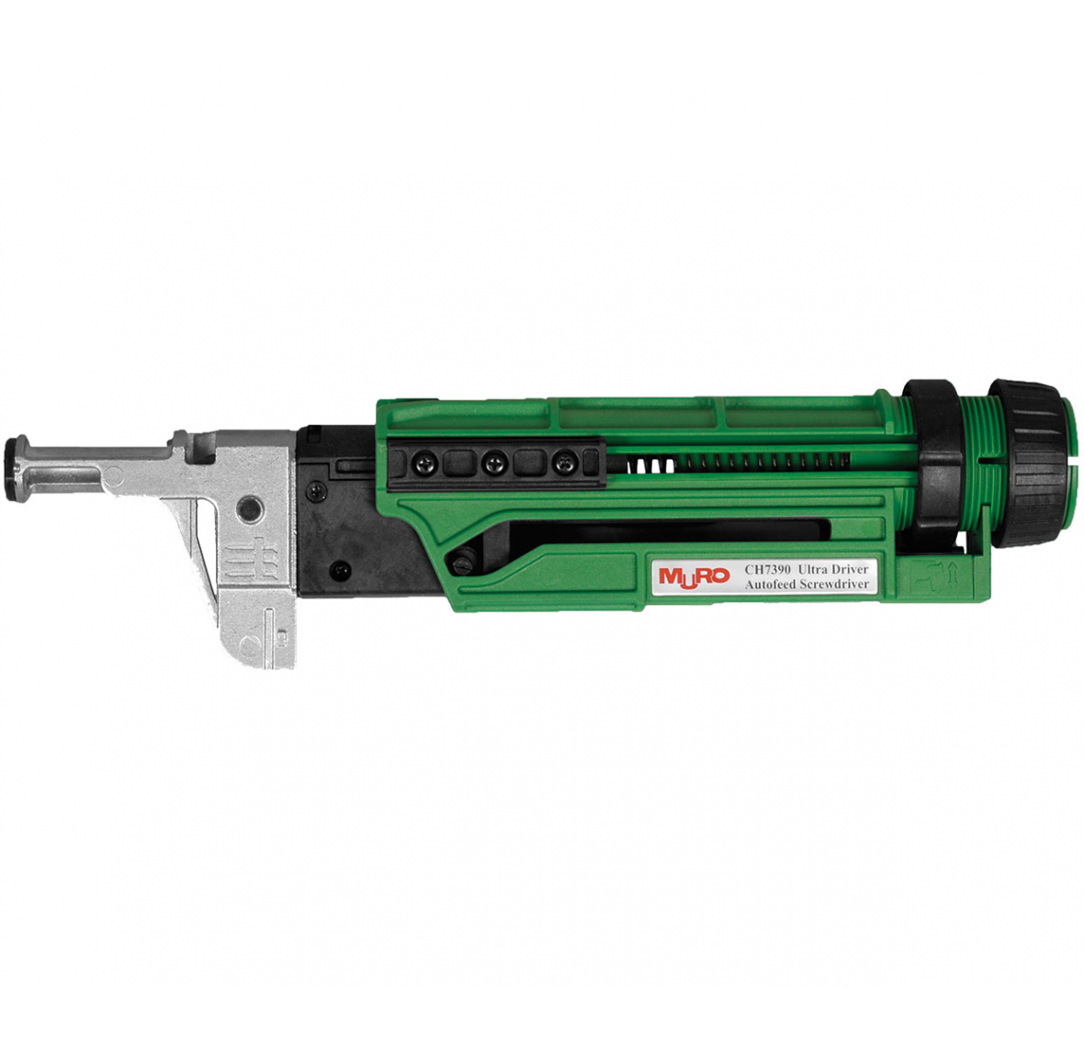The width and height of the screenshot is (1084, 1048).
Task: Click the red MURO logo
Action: coord(694,576)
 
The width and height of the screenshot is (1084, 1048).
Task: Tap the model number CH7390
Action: coord(768,570)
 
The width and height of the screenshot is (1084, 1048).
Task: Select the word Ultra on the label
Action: coord(815,570)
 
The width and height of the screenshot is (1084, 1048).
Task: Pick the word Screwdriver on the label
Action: coord(834,585)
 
